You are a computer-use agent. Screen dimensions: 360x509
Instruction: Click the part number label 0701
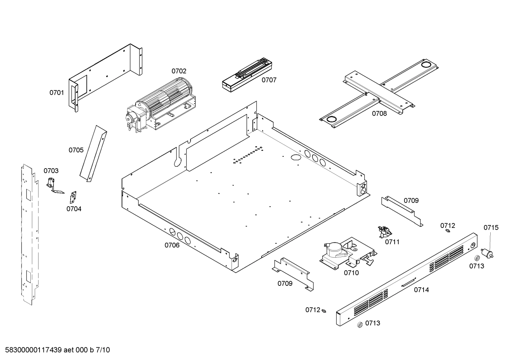tap(56, 93)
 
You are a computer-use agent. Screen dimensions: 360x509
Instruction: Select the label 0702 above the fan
tap(179, 71)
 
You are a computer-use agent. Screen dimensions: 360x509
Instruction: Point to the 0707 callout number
tap(269, 80)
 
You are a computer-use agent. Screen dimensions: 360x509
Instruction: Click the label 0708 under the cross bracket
tap(379, 114)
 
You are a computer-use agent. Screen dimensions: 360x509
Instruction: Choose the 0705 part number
tap(76, 150)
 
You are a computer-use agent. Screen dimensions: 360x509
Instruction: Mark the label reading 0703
tap(51, 171)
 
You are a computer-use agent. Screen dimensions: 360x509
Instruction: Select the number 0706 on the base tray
tap(172, 245)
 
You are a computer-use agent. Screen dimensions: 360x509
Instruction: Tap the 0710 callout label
tap(351, 273)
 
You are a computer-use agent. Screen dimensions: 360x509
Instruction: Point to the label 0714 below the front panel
tap(421, 290)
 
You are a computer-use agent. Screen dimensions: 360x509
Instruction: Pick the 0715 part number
tap(491, 228)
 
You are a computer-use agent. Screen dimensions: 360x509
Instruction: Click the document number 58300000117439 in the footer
tap(34, 350)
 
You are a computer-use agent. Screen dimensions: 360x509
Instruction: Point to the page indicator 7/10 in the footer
tap(103, 350)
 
